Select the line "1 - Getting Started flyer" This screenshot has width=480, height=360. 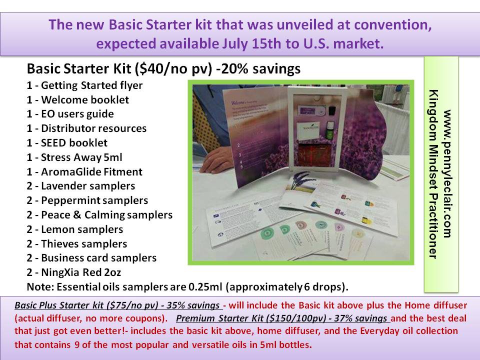(x=84, y=85)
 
